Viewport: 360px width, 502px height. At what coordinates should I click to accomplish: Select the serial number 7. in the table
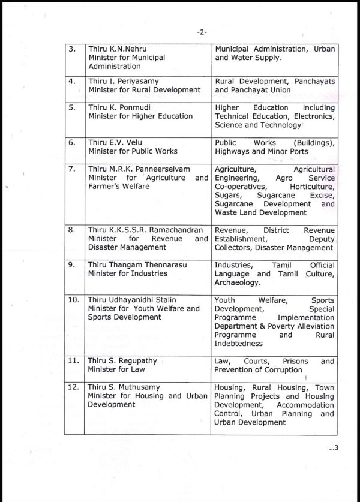[72, 169]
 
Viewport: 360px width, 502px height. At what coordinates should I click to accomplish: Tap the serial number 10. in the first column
[74, 299]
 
